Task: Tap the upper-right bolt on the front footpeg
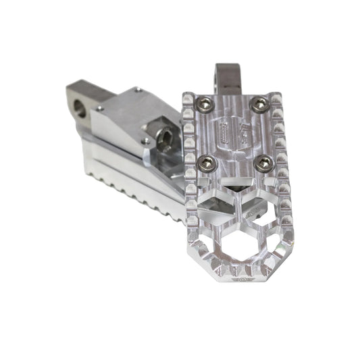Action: point(257,103)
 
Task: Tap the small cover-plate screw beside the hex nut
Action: point(144,140)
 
